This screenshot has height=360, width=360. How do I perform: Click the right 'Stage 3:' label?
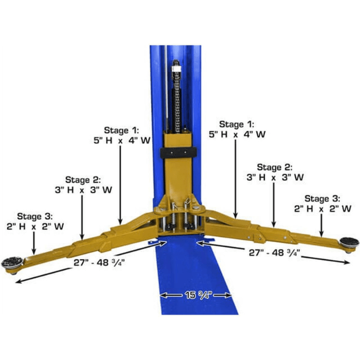[322, 198]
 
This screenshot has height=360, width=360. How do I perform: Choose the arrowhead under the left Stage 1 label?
[120, 220]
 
